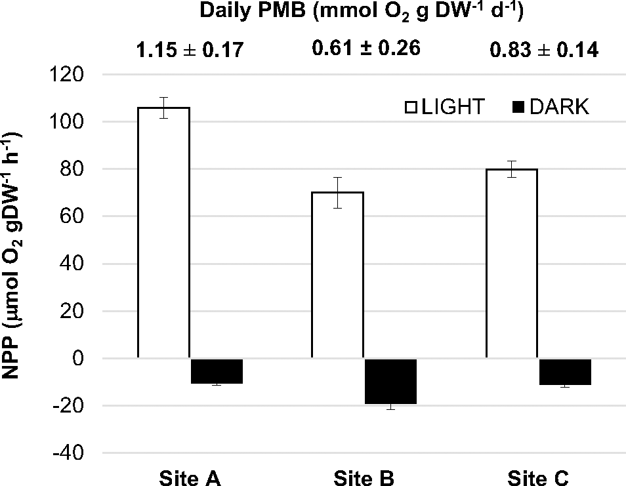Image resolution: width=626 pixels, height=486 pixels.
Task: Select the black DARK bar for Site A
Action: [216, 371]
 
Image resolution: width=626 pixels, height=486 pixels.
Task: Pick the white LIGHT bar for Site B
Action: [337, 275]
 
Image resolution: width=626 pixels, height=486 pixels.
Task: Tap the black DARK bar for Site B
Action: [390, 382]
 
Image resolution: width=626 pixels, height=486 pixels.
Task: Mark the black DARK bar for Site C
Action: [565, 372]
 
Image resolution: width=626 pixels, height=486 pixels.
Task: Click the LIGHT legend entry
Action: [444, 107]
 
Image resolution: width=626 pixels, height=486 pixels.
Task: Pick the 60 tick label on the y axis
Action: [74, 216]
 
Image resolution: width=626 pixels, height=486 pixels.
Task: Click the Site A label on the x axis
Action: [190, 477]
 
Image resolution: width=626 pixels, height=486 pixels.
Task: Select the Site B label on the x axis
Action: [364, 477]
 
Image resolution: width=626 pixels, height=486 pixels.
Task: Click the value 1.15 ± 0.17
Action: [190, 50]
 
